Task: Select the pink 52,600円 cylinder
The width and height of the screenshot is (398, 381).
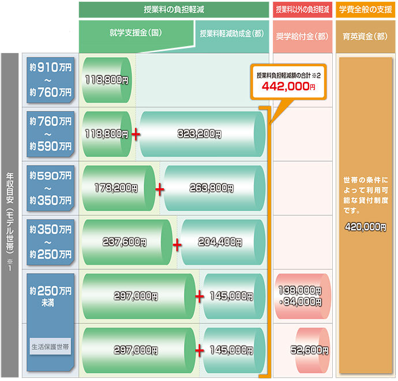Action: (311, 350)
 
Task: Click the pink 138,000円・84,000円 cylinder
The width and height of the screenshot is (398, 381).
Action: (300, 296)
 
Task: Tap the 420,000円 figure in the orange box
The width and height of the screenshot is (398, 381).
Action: (365, 227)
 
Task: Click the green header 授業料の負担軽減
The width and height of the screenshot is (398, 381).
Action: (174, 9)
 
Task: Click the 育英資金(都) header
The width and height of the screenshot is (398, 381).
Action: (365, 35)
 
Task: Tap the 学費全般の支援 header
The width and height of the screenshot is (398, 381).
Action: (365, 9)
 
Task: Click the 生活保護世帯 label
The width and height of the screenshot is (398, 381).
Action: (50, 346)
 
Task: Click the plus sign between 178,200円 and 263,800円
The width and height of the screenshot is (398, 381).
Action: (160, 188)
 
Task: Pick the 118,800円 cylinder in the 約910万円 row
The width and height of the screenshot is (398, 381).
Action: (107, 80)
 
